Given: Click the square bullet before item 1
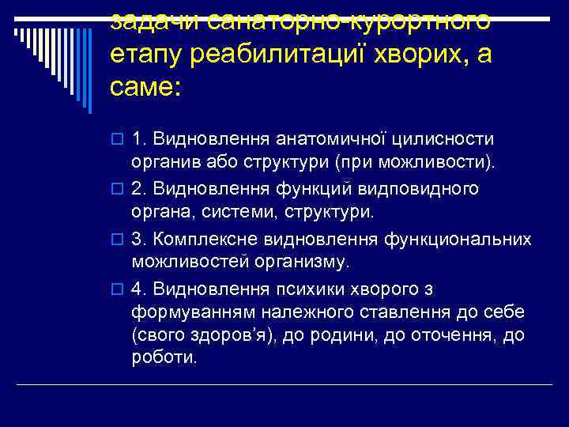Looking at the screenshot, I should pos(118,140).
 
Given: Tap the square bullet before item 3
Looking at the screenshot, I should pos(118,239).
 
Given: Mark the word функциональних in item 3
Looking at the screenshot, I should pos(458,238).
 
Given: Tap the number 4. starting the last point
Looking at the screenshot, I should pos(139,288).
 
